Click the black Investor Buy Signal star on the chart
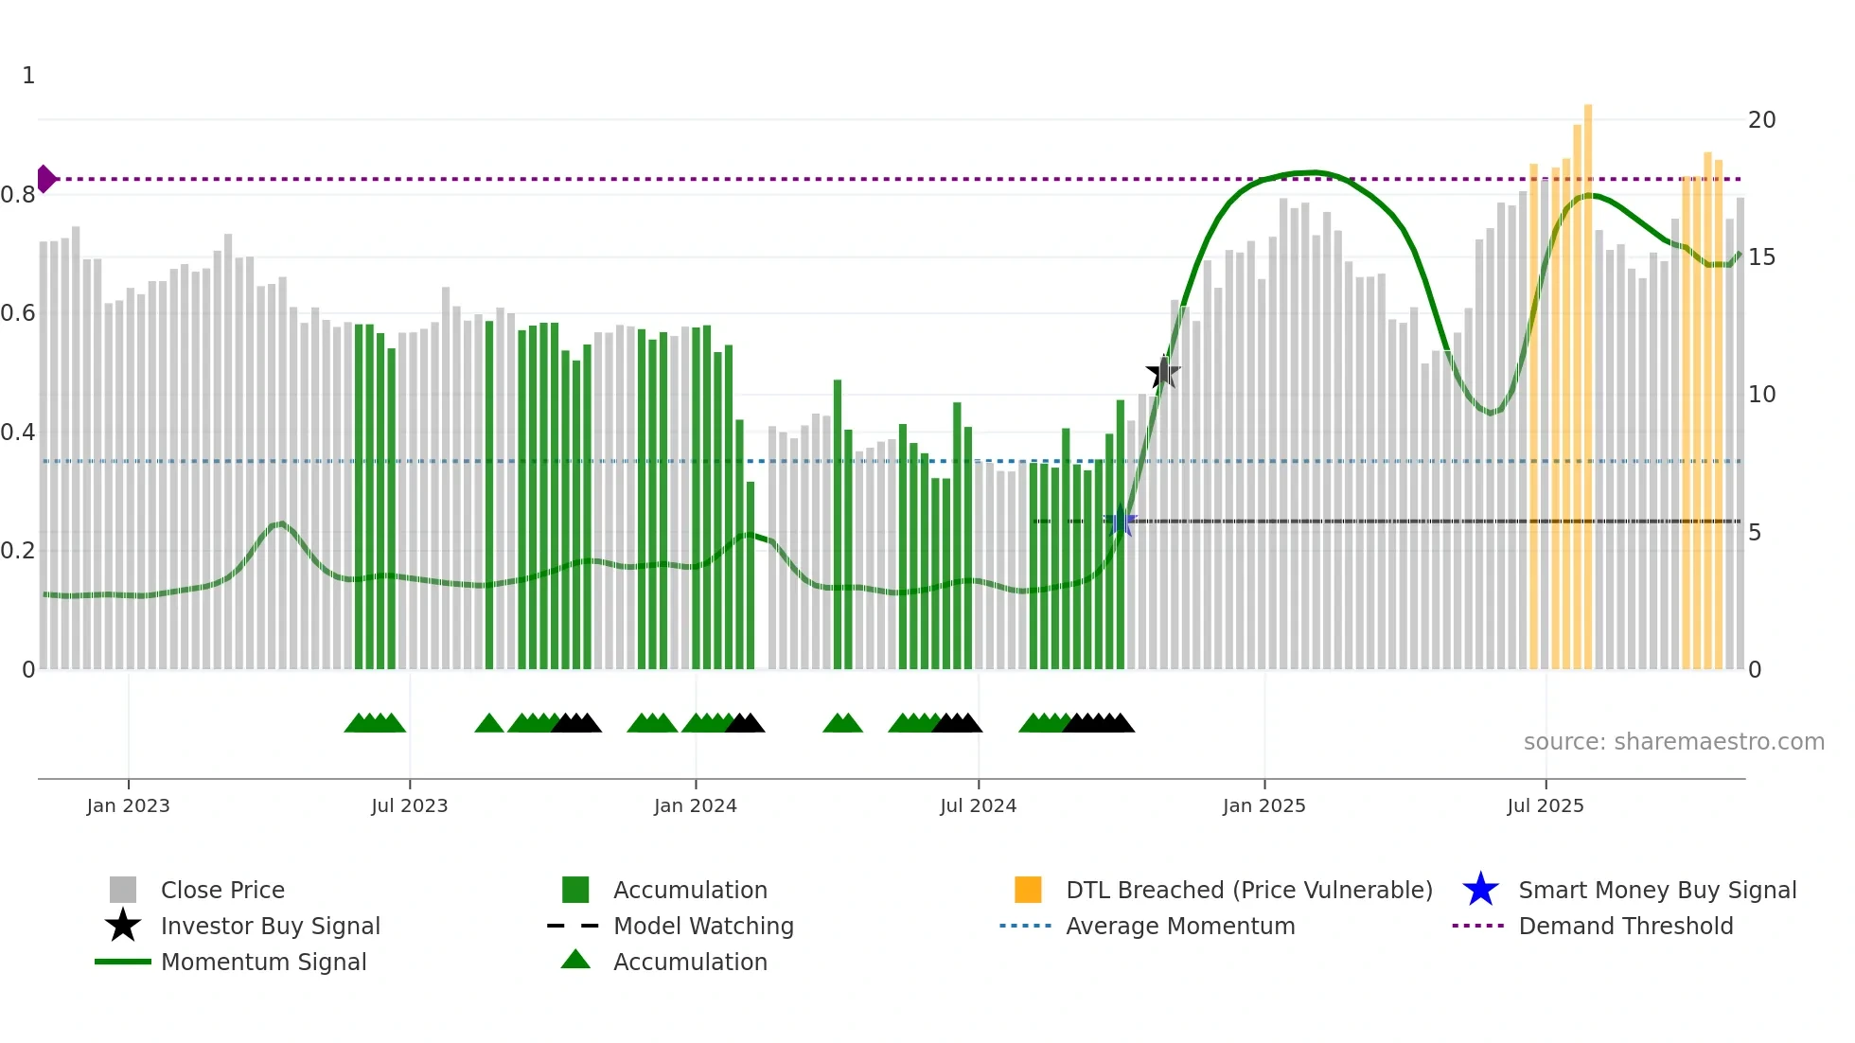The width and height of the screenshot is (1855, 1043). pyautogui.click(x=1163, y=372)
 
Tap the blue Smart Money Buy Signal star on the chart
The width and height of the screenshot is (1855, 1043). pyautogui.click(x=1122, y=521)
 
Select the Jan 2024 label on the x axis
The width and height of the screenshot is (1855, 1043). pyautogui.click(x=695, y=805)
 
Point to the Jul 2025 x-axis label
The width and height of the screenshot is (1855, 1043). pyautogui.click(x=1545, y=805)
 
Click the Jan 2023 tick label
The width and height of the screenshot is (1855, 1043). pyautogui.click(x=128, y=805)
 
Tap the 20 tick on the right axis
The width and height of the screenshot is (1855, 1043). pyautogui.click(x=1761, y=120)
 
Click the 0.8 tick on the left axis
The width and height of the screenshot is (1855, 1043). pyautogui.click(x=19, y=195)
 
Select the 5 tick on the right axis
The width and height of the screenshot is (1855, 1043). pyautogui.click(x=1755, y=533)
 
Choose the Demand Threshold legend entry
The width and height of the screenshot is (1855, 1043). pyautogui.click(x=1625, y=926)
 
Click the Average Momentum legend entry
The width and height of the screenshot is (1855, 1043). pyautogui.click(x=1179, y=926)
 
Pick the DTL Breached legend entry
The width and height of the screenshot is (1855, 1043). pyautogui.click(x=1248, y=890)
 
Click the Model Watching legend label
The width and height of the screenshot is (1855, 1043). pyautogui.click(x=703, y=926)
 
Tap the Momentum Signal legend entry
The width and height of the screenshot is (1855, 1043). pyautogui.click(x=263, y=962)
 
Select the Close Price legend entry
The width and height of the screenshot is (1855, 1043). pyautogui.click(x=222, y=890)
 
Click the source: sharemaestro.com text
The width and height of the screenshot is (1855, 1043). pyautogui.click(x=1673, y=741)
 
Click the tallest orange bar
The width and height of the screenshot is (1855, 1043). pyautogui.click(x=1588, y=379)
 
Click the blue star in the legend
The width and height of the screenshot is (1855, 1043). pyautogui.click(x=1480, y=890)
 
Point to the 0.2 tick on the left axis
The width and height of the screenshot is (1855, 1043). pyautogui.click(x=19, y=551)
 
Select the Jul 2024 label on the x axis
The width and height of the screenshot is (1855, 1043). pyautogui.click(x=978, y=805)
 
